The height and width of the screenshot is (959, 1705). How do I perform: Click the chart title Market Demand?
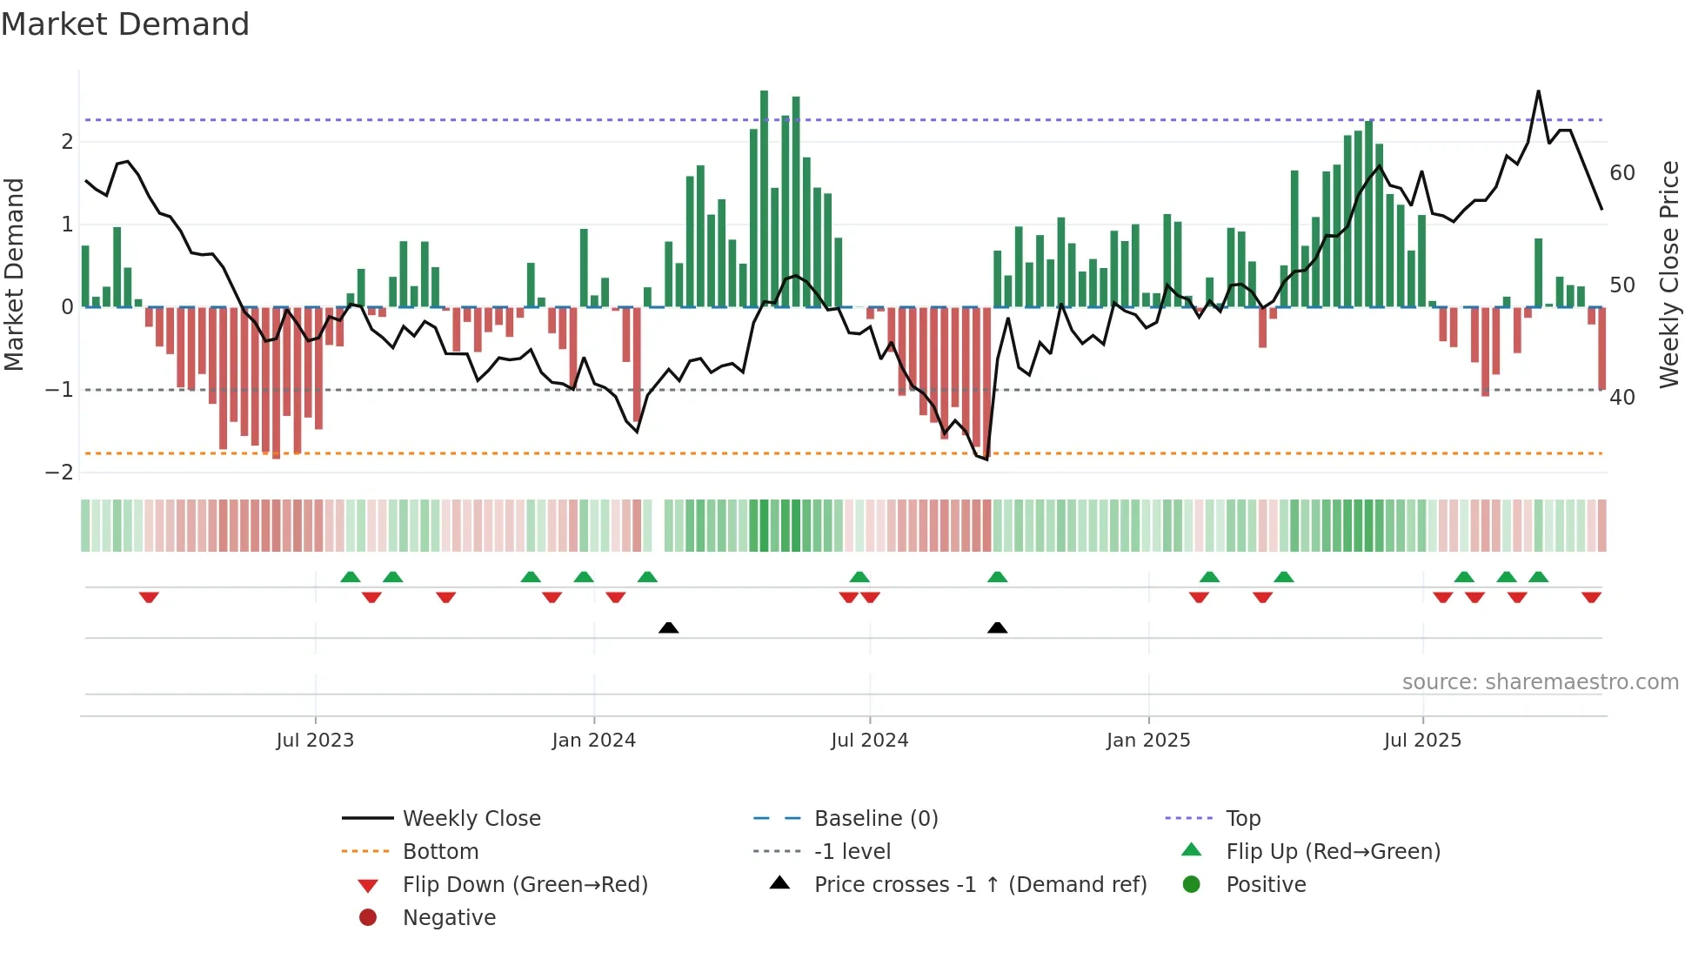point(125,24)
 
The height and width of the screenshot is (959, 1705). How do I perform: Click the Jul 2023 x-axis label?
point(315,741)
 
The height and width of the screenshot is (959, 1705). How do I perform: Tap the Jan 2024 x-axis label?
point(593,741)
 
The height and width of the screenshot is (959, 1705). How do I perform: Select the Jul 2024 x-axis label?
point(869,741)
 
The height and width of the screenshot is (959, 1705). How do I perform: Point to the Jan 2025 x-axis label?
point(1148,741)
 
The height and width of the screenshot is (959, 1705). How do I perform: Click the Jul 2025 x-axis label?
point(1422,741)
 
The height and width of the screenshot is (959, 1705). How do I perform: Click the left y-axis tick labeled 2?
point(67,142)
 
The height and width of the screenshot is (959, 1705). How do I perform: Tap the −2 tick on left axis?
point(60,473)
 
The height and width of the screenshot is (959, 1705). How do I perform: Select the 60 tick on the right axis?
point(1622,173)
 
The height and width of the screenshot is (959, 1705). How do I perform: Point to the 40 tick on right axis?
point(1622,398)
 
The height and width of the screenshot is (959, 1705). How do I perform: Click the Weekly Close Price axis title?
point(1668,274)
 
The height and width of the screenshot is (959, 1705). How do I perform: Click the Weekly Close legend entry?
point(471,819)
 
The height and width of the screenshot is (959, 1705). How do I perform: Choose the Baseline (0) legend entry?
point(875,819)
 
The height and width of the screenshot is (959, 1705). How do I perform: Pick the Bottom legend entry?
point(440,852)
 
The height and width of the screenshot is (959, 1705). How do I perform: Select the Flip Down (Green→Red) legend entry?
point(525,885)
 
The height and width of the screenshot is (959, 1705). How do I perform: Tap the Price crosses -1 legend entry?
point(980,885)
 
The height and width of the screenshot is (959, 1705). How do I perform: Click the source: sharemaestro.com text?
point(1540,682)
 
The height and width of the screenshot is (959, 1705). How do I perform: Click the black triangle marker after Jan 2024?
point(668,627)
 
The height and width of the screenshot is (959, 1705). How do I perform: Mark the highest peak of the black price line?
point(1538,91)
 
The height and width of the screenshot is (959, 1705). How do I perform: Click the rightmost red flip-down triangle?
point(1591,597)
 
